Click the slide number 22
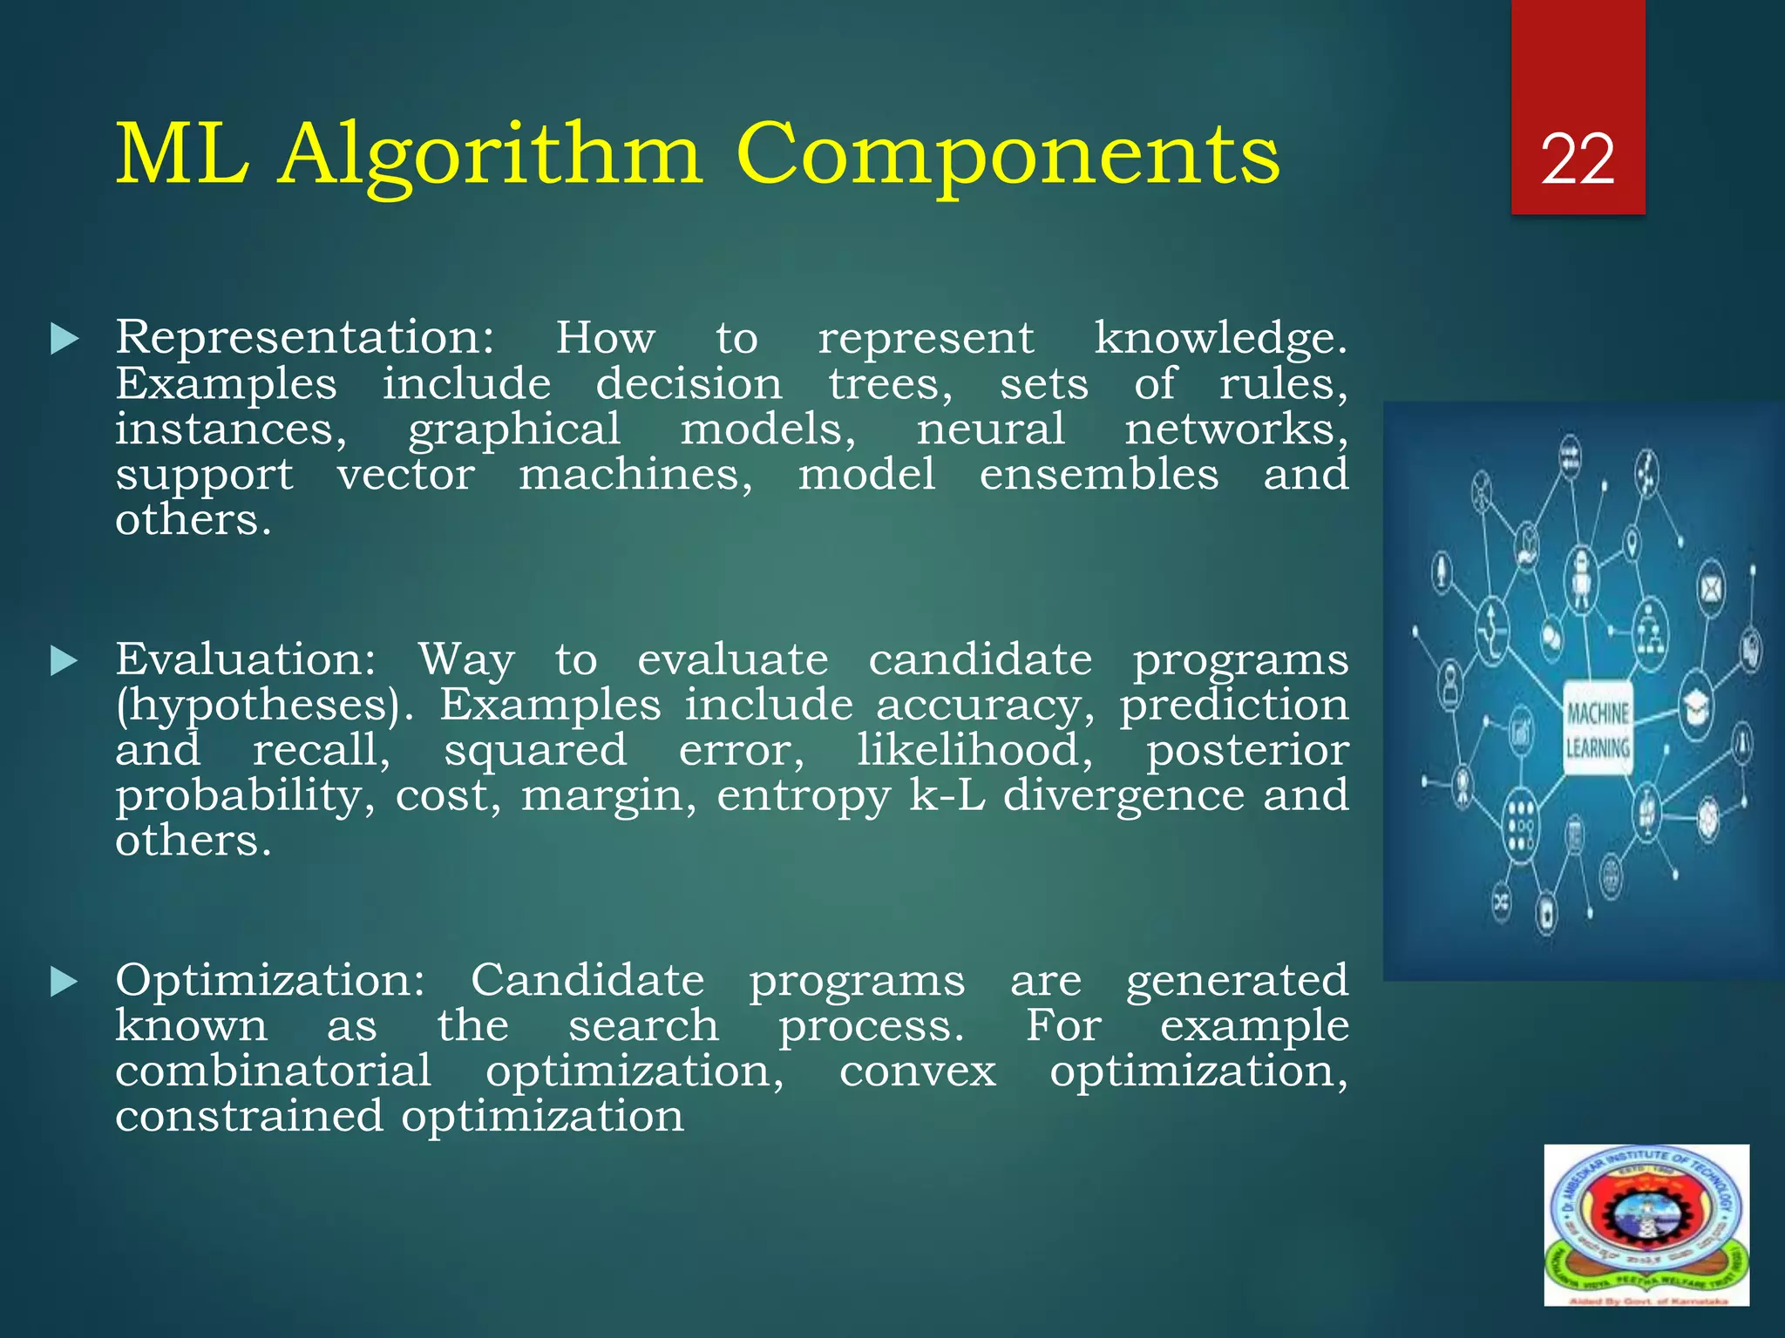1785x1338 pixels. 1577,160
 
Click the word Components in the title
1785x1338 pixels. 1008,154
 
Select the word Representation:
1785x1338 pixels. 305,338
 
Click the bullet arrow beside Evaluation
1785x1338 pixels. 64,661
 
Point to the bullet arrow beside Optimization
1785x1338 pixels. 64,982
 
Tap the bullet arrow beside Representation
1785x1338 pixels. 64,339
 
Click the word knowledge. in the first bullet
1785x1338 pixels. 1220,338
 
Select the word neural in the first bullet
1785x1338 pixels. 990,429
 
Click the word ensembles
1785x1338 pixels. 1098,475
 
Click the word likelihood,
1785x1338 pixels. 974,750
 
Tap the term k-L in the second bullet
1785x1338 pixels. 947,794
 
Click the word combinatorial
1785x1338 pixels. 273,1071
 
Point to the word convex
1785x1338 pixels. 917,1072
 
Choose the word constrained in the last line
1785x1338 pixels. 248,1117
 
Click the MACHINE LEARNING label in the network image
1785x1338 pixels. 1598,730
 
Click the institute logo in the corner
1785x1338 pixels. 1646,1225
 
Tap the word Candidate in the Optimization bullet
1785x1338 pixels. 587,981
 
